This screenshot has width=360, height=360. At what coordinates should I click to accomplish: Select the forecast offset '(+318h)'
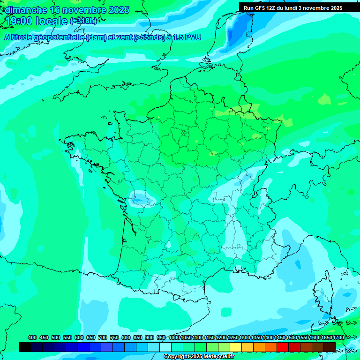coord(83,21)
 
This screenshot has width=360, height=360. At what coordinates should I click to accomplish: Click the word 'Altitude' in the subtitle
coord(19,37)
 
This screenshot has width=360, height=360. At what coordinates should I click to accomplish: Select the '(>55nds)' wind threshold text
coord(147,37)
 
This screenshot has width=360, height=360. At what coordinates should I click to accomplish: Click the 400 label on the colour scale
coord(32,337)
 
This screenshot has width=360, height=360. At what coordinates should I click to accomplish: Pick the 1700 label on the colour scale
coord(338,337)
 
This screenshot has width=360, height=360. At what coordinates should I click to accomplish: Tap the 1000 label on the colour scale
coord(174,337)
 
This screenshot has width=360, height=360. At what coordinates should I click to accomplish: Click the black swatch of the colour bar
coord(25,347)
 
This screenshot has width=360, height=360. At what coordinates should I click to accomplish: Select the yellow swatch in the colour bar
coord(247,347)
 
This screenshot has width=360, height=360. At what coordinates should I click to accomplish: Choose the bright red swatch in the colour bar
coord(283,347)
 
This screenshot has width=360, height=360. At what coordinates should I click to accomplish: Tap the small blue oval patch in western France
coord(139,200)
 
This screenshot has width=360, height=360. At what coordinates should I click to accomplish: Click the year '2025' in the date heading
coord(118,10)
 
